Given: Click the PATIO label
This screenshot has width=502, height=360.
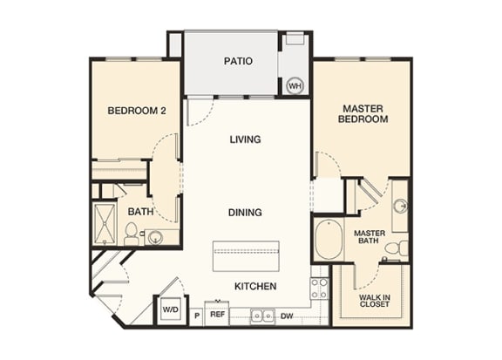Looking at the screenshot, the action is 238,61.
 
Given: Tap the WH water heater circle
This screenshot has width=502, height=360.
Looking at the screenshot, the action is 295,85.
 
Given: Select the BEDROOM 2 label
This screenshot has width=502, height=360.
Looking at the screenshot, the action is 137,111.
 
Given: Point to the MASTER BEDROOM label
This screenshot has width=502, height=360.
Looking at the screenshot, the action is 363,113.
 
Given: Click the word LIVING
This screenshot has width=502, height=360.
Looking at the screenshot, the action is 245,139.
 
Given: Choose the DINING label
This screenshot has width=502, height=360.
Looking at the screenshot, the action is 245,213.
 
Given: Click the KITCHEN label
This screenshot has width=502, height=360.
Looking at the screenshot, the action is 255,286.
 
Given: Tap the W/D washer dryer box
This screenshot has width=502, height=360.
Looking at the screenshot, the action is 171,309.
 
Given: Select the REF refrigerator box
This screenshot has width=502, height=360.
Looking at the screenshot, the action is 217,314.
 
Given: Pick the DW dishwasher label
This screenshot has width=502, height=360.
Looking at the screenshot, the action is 287,316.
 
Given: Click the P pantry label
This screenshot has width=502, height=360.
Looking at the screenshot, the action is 197,316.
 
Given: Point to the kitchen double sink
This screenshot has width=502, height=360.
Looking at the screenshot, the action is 262,316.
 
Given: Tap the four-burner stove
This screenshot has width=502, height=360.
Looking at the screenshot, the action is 320,289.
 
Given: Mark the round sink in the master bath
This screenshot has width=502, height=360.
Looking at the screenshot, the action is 401,206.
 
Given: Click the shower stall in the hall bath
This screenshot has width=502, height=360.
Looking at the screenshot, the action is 105,223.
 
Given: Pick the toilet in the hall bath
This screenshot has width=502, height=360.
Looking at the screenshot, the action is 131,234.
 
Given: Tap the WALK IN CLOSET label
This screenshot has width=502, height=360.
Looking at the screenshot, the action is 374,301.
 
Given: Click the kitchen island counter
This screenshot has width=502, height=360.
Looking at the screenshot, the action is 246,256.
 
